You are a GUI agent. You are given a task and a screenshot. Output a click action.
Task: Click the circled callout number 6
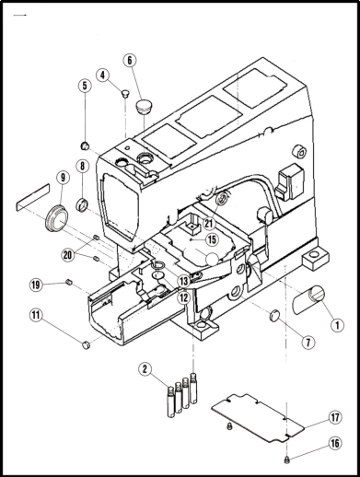click(x=130, y=61)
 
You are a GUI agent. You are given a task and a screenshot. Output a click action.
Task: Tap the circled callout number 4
click(x=103, y=75)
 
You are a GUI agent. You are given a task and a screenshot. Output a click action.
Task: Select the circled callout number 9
click(x=63, y=178)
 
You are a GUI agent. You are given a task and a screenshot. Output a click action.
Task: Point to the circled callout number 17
click(x=335, y=418)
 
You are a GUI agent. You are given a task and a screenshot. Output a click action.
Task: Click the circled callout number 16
click(x=335, y=443)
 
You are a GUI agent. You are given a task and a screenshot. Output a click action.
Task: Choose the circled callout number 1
click(x=337, y=325)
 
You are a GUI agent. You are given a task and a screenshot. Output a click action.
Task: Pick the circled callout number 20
click(x=68, y=255)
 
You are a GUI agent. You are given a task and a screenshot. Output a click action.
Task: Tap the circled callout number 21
click(x=209, y=223)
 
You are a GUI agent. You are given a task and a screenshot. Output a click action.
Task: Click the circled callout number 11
click(x=36, y=315)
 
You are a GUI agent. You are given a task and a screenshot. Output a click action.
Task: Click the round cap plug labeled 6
click(x=142, y=106)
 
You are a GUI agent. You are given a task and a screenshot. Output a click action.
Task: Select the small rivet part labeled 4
click(x=124, y=93)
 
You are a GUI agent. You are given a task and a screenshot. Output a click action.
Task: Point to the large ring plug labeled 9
click(x=56, y=217)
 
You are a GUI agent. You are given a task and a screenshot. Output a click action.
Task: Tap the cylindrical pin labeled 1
click(x=308, y=299)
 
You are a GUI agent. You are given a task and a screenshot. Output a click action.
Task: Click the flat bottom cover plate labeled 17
click(x=257, y=418)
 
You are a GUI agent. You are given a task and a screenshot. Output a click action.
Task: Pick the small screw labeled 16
click(x=287, y=460)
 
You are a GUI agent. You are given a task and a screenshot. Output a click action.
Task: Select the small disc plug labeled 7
click(x=274, y=315)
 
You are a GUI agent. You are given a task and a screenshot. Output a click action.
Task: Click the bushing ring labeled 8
click(x=82, y=204)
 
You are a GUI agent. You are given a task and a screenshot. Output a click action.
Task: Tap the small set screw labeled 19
click(x=69, y=282)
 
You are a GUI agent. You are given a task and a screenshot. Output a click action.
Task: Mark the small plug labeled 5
click(x=85, y=146)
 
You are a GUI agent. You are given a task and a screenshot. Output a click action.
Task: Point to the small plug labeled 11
click(x=87, y=344)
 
